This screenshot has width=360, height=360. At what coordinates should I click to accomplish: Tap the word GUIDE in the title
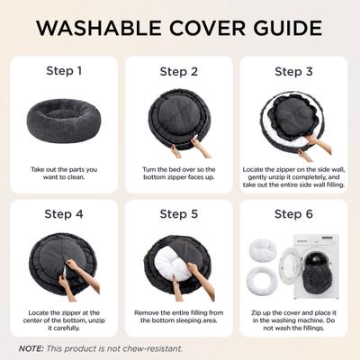(288, 29)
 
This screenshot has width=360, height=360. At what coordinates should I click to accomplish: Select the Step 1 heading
(64, 71)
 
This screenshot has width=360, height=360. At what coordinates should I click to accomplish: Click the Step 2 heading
(179, 72)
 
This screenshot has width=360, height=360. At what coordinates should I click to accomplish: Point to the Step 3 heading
(293, 72)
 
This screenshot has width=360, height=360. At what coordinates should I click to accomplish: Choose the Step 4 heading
(64, 214)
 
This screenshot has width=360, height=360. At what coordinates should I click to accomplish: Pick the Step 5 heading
(179, 214)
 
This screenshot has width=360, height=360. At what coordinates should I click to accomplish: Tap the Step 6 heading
(293, 214)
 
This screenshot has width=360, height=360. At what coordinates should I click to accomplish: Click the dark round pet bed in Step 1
(64, 121)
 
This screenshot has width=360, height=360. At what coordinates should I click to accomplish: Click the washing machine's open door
(289, 266)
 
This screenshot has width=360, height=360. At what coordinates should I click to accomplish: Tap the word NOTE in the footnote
(31, 348)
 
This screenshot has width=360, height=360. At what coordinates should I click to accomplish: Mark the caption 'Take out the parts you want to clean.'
(64, 174)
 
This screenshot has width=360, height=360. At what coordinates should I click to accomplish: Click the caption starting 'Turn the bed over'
(179, 174)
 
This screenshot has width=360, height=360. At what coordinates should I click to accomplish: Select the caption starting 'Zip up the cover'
(293, 320)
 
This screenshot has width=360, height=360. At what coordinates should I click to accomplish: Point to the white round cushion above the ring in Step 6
(263, 249)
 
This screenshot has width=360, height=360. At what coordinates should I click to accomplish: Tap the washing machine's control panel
(316, 239)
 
